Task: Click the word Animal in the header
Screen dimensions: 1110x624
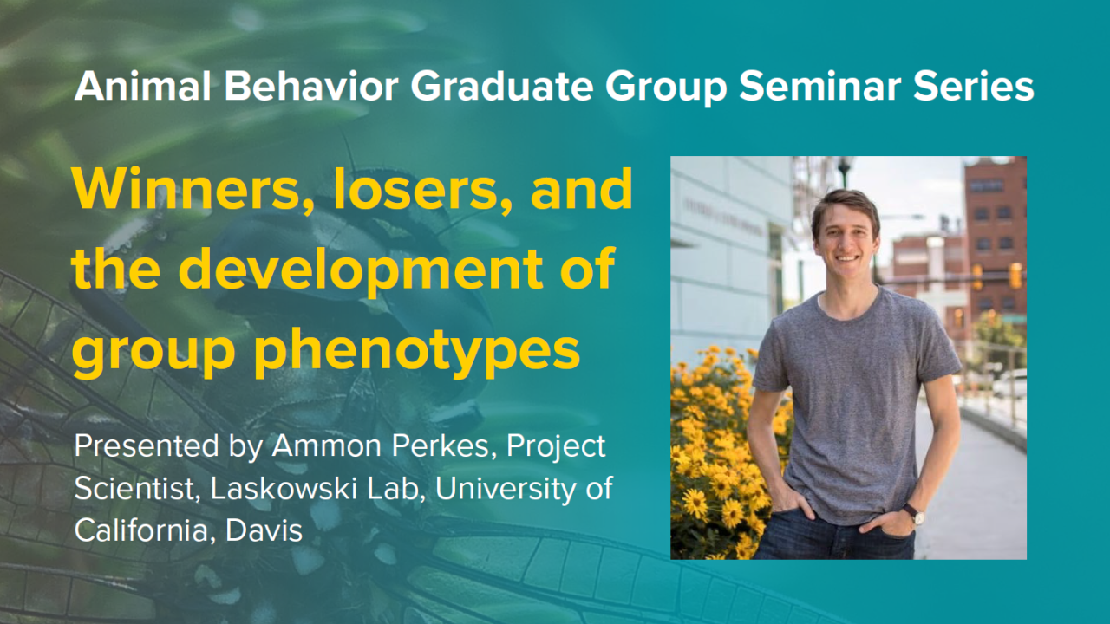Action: [143, 86]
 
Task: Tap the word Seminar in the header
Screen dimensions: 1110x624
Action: [819, 86]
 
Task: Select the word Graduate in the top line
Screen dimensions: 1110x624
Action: [501, 86]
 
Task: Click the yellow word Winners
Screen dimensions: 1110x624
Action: [186, 190]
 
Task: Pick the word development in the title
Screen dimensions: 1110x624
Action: [361, 269]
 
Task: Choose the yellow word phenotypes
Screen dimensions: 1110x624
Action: [417, 353]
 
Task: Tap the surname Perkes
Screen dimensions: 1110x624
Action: [444, 445]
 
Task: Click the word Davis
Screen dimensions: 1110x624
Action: [264, 530]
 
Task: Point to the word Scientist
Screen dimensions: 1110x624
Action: [137, 489]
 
